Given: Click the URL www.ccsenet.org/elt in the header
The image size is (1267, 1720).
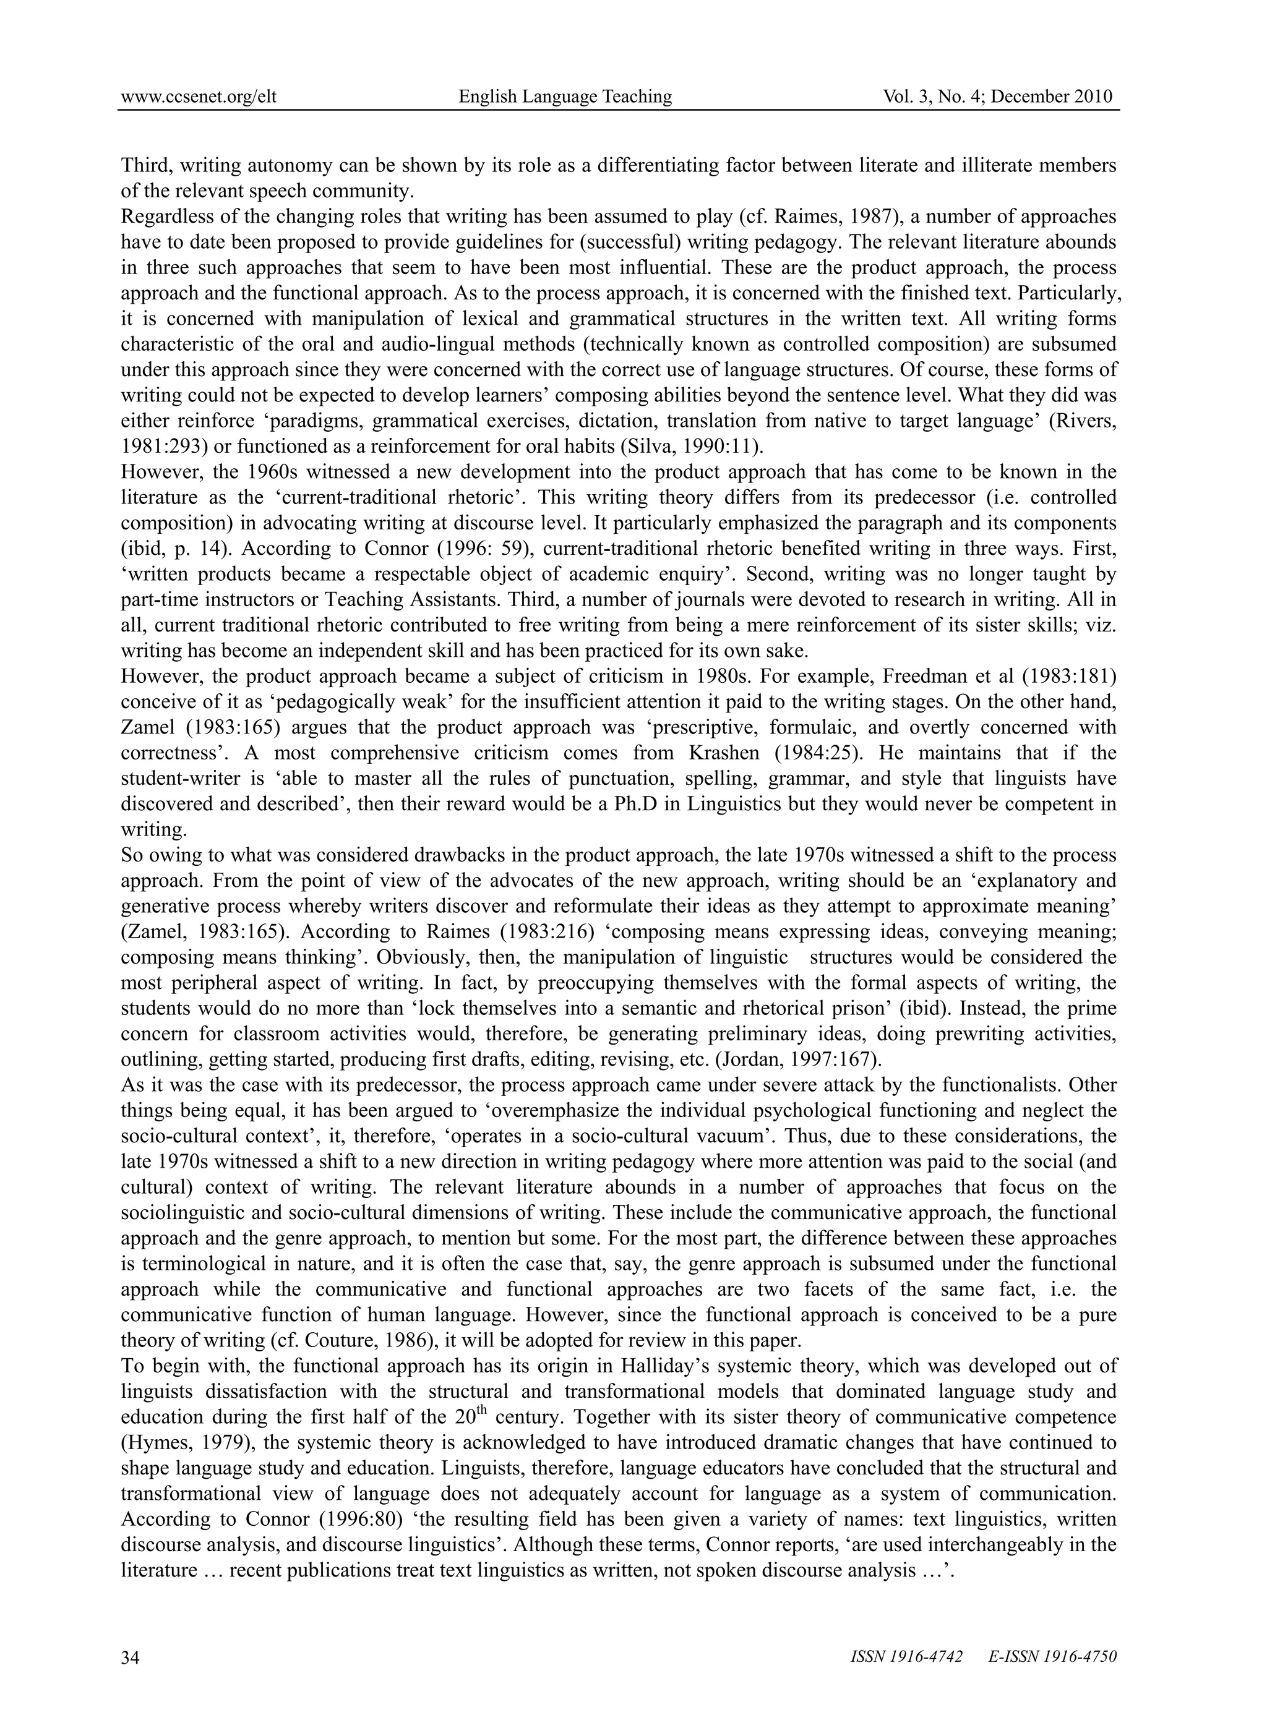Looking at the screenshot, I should (x=199, y=96).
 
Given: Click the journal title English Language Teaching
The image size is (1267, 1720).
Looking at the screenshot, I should (x=565, y=96).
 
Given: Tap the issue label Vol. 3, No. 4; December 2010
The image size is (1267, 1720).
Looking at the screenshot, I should (x=998, y=96).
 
